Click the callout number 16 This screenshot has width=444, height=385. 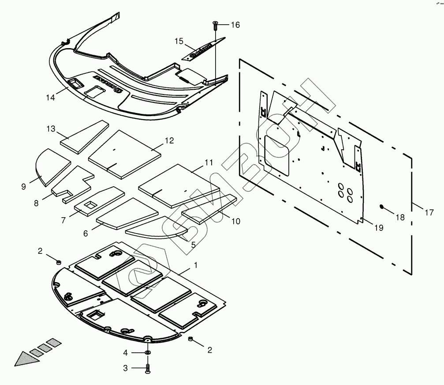(235, 25)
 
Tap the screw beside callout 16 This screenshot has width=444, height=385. (215, 25)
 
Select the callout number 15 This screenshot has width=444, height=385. (179, 41)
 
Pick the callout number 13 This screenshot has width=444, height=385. (51, 128)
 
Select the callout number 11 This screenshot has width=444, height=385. (209, 162)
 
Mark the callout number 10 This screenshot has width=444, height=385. (236, 221)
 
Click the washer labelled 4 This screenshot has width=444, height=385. (147, 353)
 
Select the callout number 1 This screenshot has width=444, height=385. (195, 265)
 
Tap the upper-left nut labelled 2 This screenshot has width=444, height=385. (57, 262)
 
